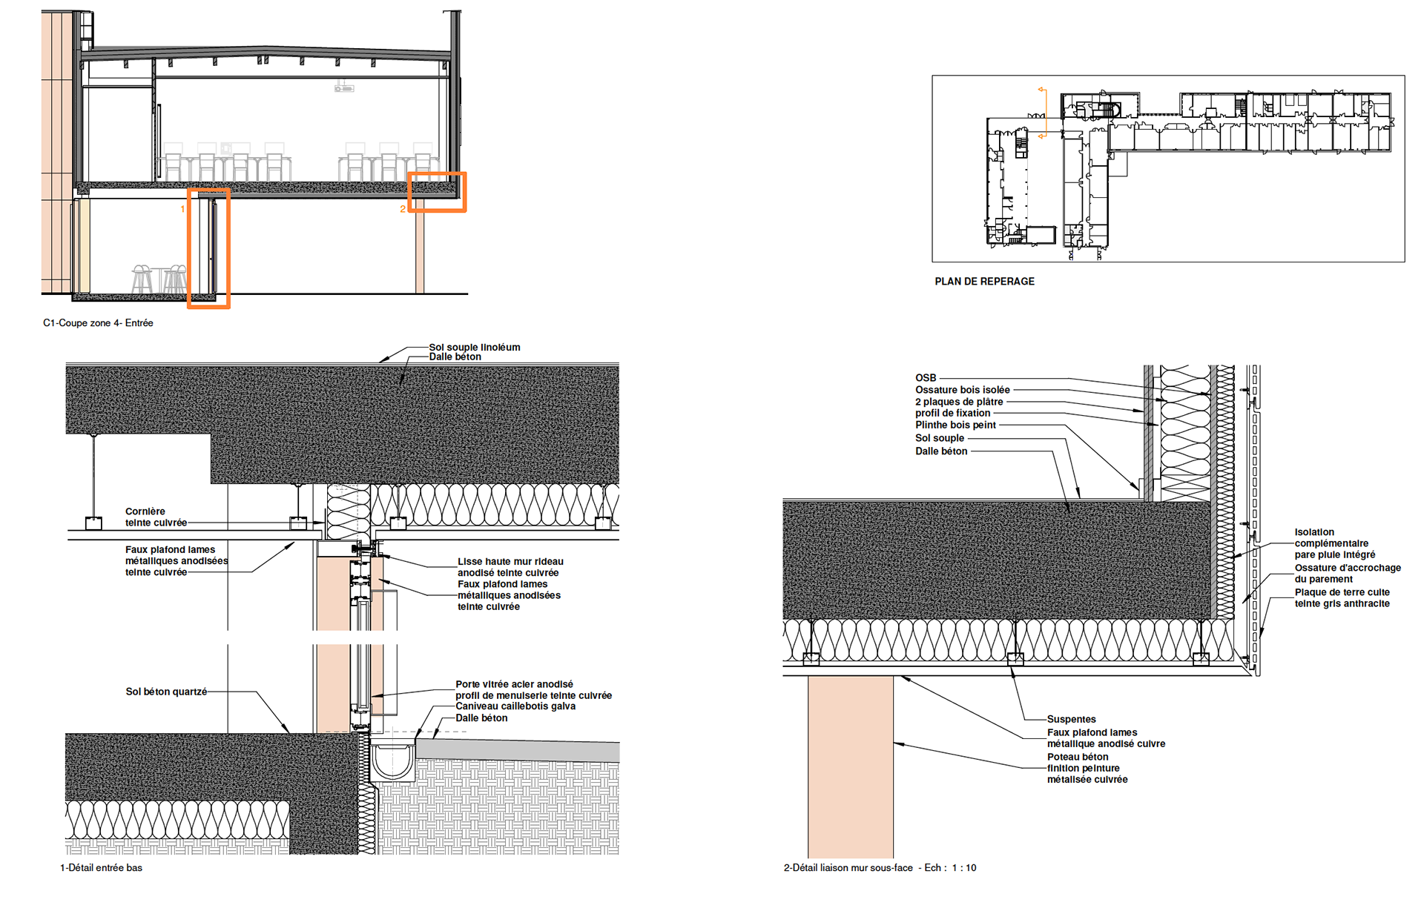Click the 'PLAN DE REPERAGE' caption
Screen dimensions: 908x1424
coord(984,282)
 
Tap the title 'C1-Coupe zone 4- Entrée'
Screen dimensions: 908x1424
coord(98,323)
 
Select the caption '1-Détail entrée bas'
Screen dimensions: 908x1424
coord(101,868)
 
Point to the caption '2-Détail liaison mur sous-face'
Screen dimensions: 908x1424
coord(848,868)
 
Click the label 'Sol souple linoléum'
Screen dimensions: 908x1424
coord(475,347)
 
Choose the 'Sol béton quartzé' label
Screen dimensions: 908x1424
coord(166,692)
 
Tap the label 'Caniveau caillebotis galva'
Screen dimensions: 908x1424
coord(515,706)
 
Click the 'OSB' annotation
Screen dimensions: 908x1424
coord(926,378)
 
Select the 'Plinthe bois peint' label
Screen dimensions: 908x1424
coord(955,425)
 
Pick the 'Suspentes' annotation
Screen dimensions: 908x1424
coord(1071,719)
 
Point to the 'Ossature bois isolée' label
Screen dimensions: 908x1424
coord(962,390)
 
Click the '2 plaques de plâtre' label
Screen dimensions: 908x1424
coord(958,402)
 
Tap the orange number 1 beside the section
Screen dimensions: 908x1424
coord(182,210)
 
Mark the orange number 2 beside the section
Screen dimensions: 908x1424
coord(403,210)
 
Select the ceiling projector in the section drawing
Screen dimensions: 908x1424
coord(344,87)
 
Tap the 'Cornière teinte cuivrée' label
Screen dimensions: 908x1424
coord(156,517)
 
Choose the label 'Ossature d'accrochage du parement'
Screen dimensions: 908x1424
coord(1347,573)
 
